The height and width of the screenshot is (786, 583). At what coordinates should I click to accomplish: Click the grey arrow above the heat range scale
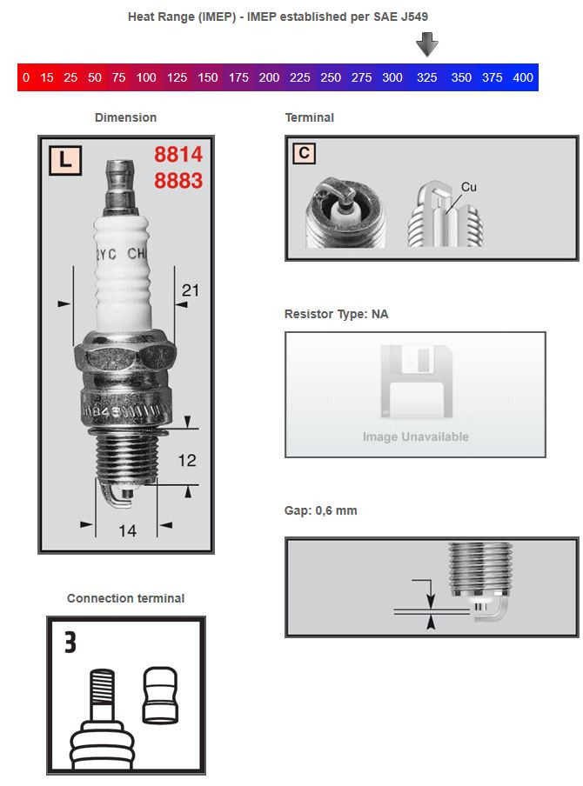[x=426, y=43]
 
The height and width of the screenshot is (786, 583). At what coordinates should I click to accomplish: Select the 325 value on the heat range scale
[x=426, y=78]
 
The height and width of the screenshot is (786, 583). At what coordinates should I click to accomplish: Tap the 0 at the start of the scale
[x=26, y=78]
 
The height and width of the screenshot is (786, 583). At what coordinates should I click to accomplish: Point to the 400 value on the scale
[x=523, y=78]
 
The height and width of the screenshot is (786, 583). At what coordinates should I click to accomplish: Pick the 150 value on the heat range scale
[x=208, y=78]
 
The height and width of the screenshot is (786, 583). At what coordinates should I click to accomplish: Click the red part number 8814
[x=178, y=155]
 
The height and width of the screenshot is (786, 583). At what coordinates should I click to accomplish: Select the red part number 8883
[x=178, y=181]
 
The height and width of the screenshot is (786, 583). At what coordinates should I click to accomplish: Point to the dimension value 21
[x=190, y=290]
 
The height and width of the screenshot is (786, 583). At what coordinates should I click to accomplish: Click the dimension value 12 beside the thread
[x=187, y=460]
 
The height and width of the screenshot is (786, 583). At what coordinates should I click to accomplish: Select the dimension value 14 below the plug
[x=127, y=530]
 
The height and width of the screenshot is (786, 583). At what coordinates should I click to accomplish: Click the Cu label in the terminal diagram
[x=469, y=187]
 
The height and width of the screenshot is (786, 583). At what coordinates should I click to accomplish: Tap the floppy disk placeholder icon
[x=415, y=383]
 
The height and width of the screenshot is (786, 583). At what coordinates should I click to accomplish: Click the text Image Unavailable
[x=415, y=436]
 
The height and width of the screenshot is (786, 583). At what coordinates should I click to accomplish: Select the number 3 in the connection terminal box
[x=70, y=643]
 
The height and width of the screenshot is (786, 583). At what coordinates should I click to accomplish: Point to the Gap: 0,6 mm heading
[x=320, y=510]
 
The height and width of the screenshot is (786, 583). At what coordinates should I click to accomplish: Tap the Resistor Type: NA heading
[x=336, y=314]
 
